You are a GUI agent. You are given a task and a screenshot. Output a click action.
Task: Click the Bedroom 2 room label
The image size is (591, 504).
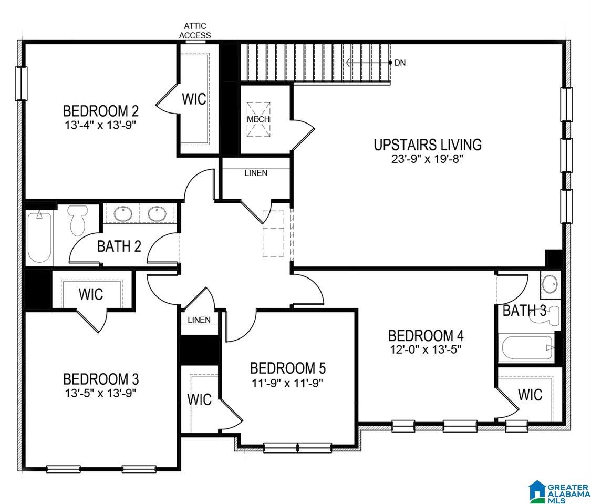[101, 111]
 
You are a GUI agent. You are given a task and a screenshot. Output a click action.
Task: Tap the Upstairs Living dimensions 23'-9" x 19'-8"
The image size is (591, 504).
[427, 159]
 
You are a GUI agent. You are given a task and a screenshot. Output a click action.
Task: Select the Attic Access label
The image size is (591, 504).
[195, 30]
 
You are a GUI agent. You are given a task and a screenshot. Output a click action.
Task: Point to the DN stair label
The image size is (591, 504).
[400, 63]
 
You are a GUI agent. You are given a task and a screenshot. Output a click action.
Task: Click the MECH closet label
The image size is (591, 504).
[258, 119]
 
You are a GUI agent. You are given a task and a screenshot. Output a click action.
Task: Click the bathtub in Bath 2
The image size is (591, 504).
[39, 236]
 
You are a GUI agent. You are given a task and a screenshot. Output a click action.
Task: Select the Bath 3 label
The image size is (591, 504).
[524, 311]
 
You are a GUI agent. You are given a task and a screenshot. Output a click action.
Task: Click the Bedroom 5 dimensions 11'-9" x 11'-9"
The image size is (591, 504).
[287, 383]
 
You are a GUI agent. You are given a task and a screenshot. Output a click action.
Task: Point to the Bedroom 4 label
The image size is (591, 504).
[426, 335]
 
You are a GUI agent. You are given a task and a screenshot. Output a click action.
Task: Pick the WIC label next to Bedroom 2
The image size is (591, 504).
[194, 99]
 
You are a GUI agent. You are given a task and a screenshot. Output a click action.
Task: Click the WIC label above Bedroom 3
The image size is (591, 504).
[91, 294]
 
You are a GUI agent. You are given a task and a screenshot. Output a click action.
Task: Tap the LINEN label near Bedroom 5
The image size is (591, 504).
[199, 320]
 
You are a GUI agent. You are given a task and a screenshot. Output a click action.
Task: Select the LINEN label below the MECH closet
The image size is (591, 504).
[256, 173]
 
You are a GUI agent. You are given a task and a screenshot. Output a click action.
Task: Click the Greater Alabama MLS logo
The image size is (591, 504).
[559, 491]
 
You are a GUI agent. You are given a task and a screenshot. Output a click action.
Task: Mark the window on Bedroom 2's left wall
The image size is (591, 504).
[21, 84]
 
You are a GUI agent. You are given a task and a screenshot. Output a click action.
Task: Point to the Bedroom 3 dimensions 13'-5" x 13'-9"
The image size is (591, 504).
[100, 394]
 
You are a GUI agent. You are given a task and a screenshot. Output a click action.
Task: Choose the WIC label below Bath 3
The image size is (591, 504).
[530, 395]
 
